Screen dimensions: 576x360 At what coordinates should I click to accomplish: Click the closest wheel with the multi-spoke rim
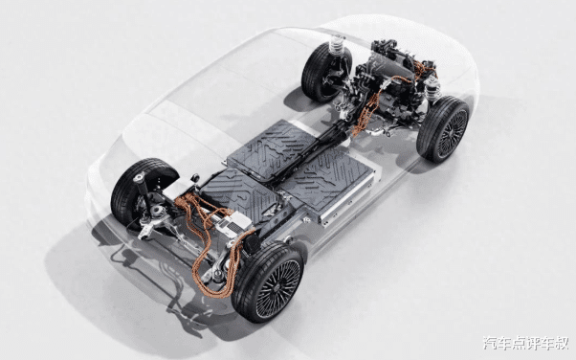(268, 282)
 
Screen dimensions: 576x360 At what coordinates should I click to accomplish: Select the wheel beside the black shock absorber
(142, 193)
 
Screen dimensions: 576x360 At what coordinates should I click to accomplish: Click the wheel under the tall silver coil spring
(325, 72)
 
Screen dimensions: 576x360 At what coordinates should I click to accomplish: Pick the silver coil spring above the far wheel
(337, 45)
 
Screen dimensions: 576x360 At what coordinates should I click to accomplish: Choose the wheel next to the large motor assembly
(443, 129)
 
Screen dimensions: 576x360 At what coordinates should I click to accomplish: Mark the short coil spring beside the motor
(433, 89)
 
